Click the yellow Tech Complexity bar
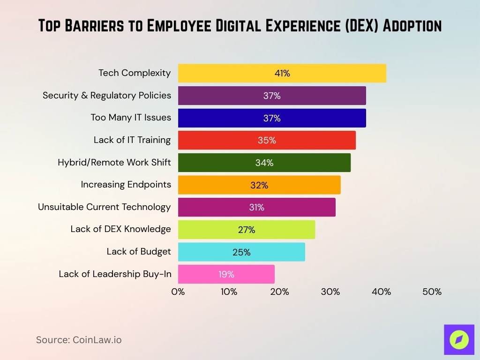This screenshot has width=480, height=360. coord(282,73)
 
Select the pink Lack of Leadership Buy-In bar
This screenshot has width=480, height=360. coord(226,274)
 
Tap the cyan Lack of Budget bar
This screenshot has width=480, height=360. coord(241,252)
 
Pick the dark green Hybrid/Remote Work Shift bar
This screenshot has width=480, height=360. coord(264,163)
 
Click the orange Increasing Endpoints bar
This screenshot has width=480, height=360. coord(259,185)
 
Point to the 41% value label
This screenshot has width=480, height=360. coord(282,73)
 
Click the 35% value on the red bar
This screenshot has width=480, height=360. coord(267,140)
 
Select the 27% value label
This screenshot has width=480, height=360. coord(246,230)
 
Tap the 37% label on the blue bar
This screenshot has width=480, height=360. coord(271,118)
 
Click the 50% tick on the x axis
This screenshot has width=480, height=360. coord(432,292)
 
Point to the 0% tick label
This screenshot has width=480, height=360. coord(178,292)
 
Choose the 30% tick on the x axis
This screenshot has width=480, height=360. coord(330,292)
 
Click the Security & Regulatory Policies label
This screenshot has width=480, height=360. coord(107,95)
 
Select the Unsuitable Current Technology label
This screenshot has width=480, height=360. coord(104,207)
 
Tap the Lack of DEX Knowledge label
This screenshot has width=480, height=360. coord(120,229)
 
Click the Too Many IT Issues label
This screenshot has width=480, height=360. coord(131,118)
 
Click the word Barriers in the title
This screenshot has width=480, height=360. coord(94,26)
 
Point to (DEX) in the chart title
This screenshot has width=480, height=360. coord(359,26)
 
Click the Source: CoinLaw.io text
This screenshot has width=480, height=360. coord(79,340)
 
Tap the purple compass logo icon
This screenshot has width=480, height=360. coord(459,339)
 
